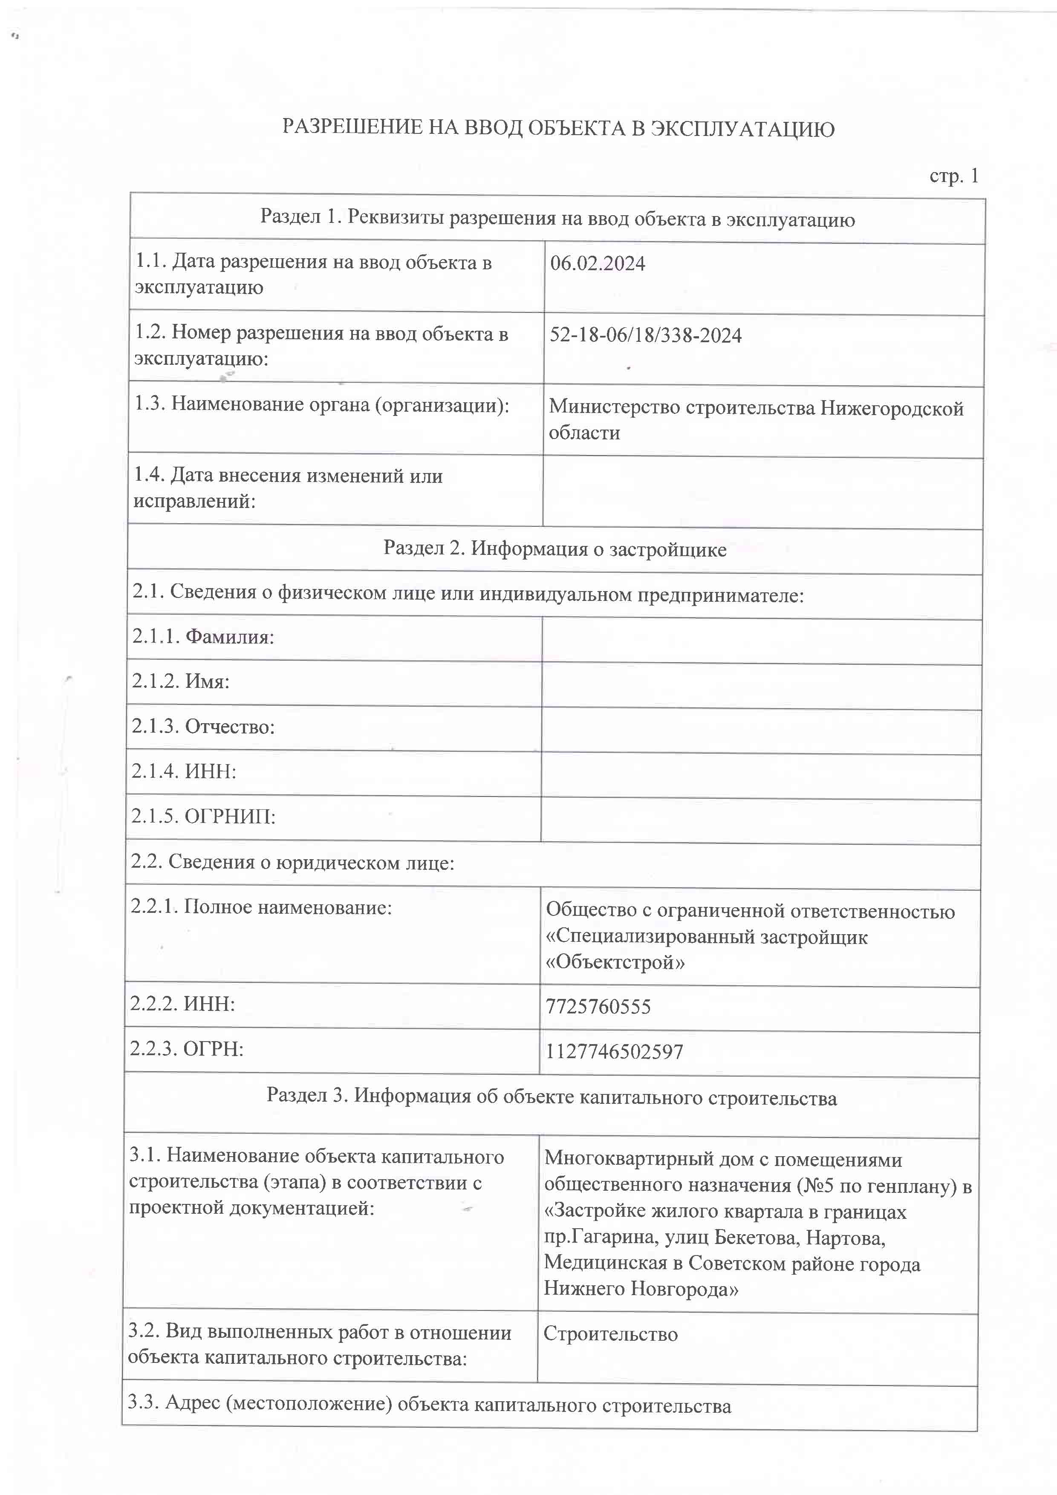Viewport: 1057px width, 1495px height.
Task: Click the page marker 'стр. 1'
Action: (x=953, y=176)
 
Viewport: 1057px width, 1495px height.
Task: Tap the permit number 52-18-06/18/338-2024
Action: (x=645, y=335)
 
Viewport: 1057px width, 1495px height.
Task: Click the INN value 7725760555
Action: (x=598, y=1007)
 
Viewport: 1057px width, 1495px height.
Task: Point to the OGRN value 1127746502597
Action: (x=614, y=1052)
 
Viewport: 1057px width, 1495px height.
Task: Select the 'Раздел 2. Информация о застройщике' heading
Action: (x=555, y=549)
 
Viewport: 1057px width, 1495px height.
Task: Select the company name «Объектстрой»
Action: (x=615, y=962)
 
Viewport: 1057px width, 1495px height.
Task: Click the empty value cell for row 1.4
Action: (x=762, y=492)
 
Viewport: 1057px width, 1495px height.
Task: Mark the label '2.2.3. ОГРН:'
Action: (x=186, y=1048)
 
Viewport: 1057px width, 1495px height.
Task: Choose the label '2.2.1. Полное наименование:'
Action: (x=261, y=907)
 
